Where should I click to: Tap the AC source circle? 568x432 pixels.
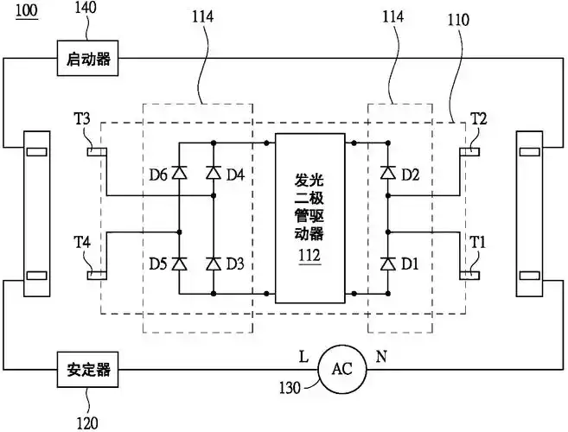tap(342, 368)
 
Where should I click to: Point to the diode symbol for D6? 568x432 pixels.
tap(180, 174)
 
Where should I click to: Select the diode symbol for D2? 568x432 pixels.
tap(386, 174)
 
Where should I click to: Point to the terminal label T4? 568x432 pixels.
tap(83, 243)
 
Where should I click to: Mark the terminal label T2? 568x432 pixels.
tap(478, 119)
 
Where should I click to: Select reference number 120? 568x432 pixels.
tap(87, 422)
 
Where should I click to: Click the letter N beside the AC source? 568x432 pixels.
tap(380, 354)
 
